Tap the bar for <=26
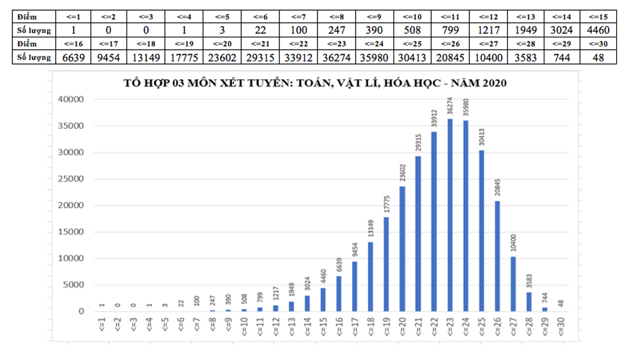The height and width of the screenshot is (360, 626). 497,256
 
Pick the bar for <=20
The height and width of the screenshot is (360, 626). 402,248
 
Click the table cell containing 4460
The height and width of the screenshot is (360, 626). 597,30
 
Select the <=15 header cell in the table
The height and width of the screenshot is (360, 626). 597,17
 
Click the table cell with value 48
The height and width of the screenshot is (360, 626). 597,57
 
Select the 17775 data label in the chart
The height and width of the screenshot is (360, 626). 387,203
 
